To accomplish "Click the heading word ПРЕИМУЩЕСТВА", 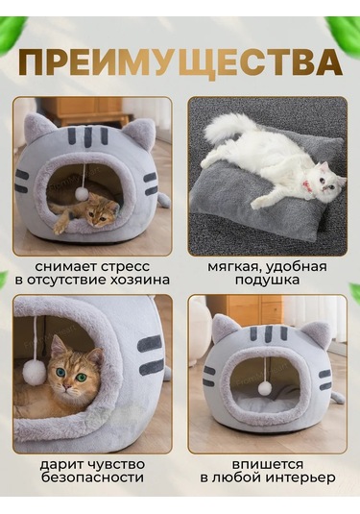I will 180,64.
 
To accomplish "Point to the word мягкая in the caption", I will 235,266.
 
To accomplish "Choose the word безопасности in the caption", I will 92,477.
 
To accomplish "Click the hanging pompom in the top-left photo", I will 83,193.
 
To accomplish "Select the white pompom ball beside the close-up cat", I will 35,373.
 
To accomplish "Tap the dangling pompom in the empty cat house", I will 264,388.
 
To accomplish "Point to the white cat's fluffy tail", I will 227,126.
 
